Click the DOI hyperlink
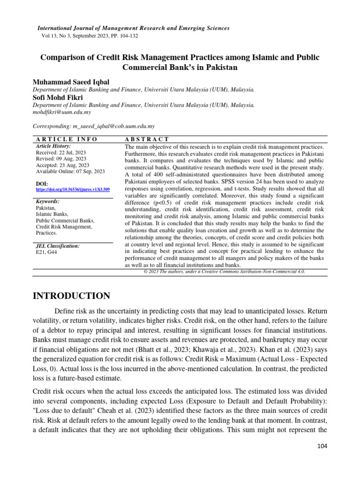pos(73,190)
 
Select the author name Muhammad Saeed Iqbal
pos(70,82)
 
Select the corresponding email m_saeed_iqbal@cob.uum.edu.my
pos(113,127)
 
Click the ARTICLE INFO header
pos(67,139)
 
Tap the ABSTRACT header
pos(147,139)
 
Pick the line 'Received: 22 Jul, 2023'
pos(60,153)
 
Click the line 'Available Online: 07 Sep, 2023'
pos(70,172)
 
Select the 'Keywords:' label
pos(47,201)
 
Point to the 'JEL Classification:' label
pos(58,246)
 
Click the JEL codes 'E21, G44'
pos(46,252)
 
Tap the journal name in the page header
pos(133,28)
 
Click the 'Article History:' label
pos(53,146)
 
